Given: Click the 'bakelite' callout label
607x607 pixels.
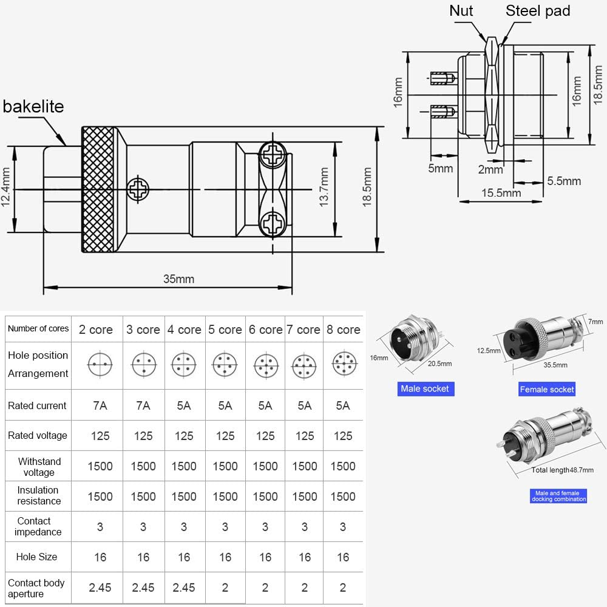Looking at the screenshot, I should (x=33, y=107).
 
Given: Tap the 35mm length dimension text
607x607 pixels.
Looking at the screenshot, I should (x=178, y=279).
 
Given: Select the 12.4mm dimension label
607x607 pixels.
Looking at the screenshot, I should (x=6, y=189).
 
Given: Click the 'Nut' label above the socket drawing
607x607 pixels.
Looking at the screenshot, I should (x=461, y=10).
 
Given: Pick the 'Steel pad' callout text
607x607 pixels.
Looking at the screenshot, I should (x=538, y=10).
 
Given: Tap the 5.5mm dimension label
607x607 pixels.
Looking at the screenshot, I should (x=564, y=181).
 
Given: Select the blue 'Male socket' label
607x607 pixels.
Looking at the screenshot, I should (x=425, y=388).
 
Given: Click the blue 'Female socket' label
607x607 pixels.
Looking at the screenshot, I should (x=546, y=389).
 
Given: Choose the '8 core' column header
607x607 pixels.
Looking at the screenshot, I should (x=343, y=330).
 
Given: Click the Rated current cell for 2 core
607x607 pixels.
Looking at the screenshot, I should (x=100, y=405).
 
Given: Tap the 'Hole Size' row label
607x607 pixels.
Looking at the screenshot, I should (x=38, y=557).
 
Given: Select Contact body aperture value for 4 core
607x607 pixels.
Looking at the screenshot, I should (x=184, y=587).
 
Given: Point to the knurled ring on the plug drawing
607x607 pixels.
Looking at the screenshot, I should (x=98, y=189).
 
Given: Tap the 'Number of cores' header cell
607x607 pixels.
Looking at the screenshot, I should (x=38, y=328).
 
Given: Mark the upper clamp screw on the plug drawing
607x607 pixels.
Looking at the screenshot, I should (x=273, y=155).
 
